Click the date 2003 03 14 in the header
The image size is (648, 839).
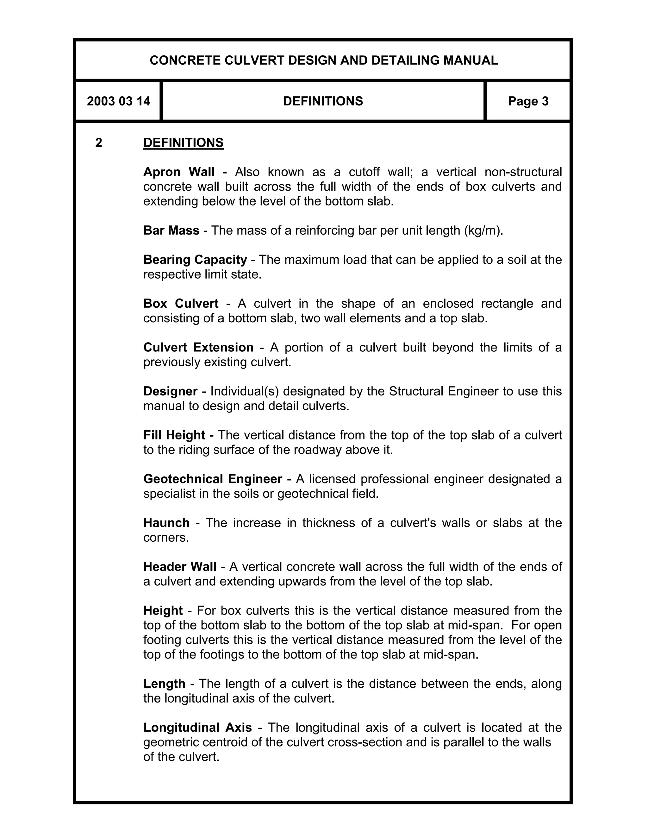[118, 101]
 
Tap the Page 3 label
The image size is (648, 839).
[528, 101]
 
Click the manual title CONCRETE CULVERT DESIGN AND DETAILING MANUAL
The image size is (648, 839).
[324, 60]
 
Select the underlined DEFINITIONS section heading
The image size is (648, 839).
[183, 142]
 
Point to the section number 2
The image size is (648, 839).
[99, 142]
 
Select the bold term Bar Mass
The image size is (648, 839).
[171, 230]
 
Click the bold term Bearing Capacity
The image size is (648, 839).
[195, 260]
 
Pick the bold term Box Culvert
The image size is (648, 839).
[181, 304]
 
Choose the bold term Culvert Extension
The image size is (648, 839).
[198, 347]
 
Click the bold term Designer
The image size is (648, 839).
[170, 391]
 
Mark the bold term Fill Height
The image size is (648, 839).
[174, 435]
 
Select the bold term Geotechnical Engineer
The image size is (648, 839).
[213, 479]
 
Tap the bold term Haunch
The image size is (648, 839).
[166, 523]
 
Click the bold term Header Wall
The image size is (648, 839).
[180, 567]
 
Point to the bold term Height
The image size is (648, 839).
[163, 610]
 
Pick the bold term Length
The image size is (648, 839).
[164, 684]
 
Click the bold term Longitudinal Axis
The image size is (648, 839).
[197, 727]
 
